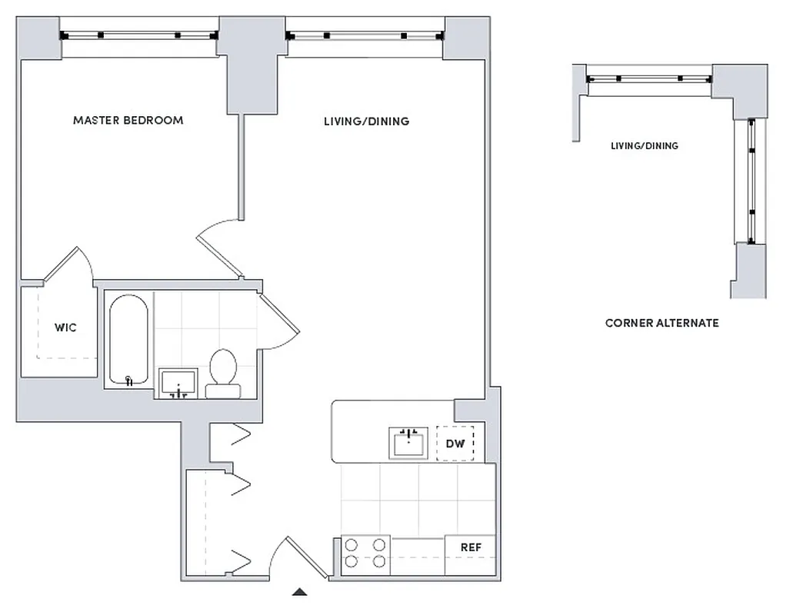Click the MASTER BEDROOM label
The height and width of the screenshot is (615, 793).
128,121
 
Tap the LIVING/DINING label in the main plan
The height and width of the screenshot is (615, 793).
366,121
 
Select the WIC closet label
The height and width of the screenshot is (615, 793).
65,328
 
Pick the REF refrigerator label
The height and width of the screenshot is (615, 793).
471,547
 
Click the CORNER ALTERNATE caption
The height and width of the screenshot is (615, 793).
661,323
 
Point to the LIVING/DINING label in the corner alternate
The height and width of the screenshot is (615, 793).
644,146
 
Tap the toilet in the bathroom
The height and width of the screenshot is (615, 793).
223,373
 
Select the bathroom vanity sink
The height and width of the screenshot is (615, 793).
178,383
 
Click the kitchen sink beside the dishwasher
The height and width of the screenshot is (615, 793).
408,444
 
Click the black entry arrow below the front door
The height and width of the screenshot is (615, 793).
300,592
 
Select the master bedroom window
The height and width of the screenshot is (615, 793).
139,35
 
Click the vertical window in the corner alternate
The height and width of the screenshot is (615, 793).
751,181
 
